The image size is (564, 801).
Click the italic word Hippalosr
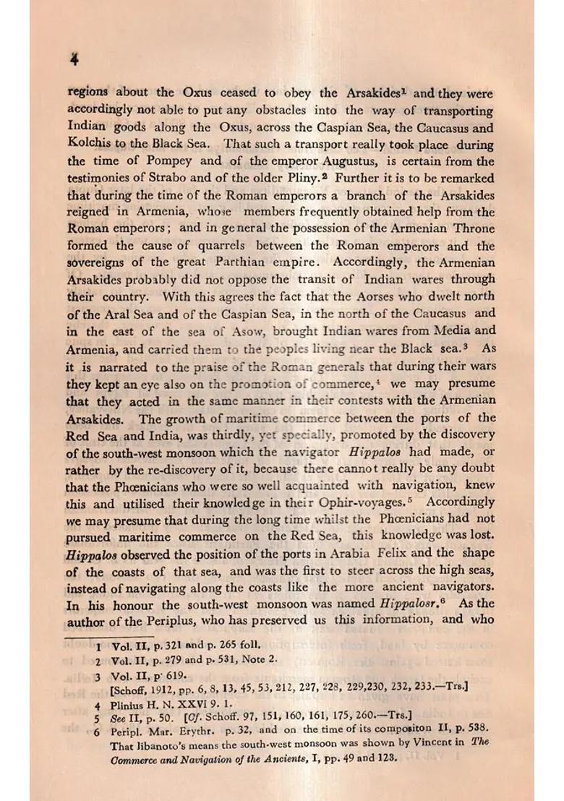pyautogui.click(x=409, y=603)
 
